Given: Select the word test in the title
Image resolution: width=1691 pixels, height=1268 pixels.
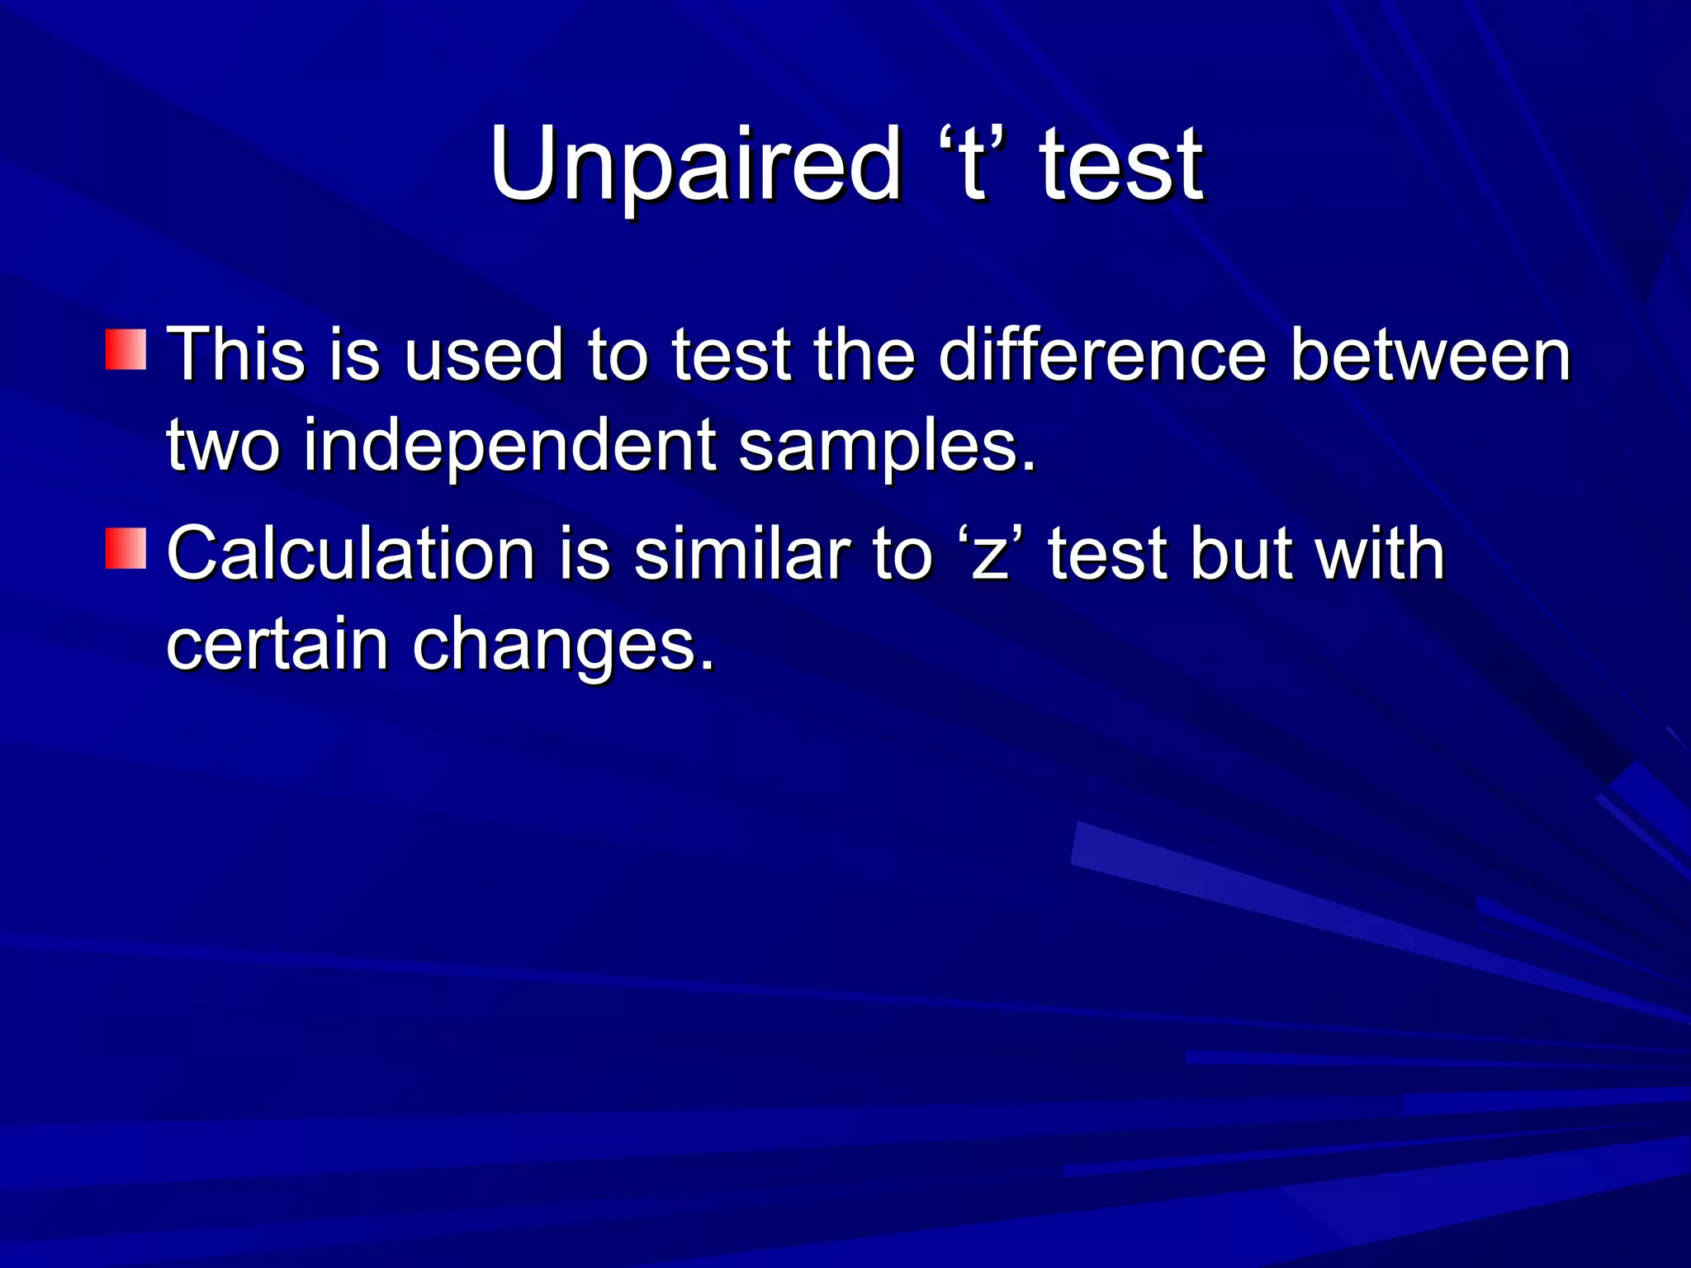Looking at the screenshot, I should pos(1120,165).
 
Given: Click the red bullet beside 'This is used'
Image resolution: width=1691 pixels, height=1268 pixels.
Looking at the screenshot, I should pos(126,349).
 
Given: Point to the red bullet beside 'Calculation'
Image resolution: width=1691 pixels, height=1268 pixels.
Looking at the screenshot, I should pos(126,549).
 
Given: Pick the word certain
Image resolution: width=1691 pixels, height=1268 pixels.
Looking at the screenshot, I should pos(277,646).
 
